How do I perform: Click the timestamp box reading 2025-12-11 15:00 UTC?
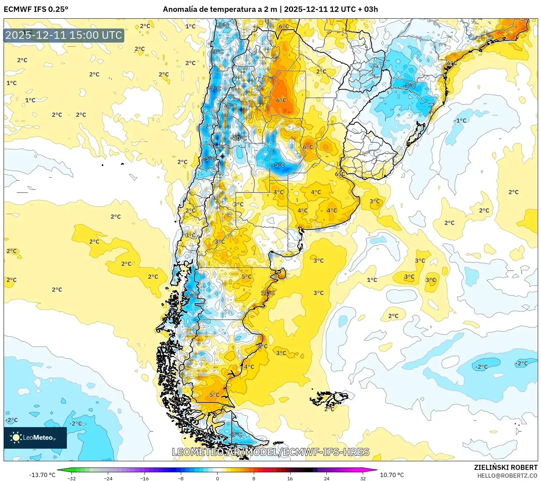click(x=64, y=35)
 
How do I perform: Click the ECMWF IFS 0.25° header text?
click(x=36, y=9)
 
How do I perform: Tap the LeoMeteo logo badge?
click(x=35, y=438)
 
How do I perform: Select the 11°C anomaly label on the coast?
click(x=268, y=293)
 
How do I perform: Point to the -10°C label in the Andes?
click(x=239, y=138)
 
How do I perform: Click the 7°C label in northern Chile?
click(x=216, y=89)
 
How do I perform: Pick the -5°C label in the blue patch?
click(x=279, y=165)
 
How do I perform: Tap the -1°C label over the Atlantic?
click(x=460, y=121)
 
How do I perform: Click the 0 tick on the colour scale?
click(x=217, y=478)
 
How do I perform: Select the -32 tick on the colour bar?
click(x=72, y=478)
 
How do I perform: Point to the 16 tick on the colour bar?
click(x=290, y=478)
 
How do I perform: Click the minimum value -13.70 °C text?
click(x=42, y=475)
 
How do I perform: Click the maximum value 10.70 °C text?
click(x=392, y=475)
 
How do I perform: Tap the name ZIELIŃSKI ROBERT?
click(x=505, y=467)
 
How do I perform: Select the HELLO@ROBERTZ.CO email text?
click(x=507, y=476)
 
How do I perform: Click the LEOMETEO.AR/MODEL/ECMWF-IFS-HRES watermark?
click(x=270, y=452)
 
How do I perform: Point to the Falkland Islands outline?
click(x=329, y=398)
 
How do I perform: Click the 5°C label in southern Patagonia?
click(x=214, y=395)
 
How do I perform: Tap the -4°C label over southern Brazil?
click(x=410, y=86)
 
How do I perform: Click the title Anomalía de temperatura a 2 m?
click(x=220, y=9)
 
